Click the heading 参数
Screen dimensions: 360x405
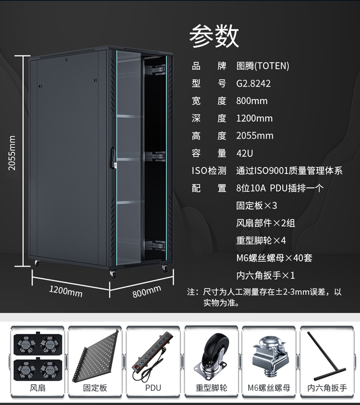214,37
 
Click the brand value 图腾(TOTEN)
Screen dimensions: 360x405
263,66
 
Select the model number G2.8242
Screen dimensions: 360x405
253,84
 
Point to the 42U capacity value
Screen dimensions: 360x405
244,153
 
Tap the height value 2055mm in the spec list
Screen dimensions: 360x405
254,136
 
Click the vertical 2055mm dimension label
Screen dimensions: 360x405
12,153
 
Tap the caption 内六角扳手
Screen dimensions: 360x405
327,388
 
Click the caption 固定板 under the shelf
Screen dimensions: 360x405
95,388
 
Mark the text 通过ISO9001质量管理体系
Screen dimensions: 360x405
289,171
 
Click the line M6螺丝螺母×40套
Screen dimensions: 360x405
274,258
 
